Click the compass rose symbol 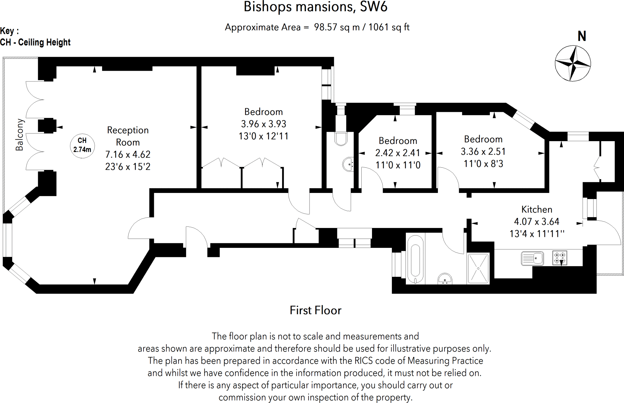click(x=573, y=63)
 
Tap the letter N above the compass click(x=582, y=37)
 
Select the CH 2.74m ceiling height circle click(x=82, y=145)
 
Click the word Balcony click(x=19, y=135)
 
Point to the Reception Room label click(x=128, y=136)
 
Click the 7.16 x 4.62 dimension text click(x=128, y=155)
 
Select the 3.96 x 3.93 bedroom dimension click(x=264, y=124)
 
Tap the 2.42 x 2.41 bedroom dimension click(x=398, y=153)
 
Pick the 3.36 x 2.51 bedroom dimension click(x=483, y=152)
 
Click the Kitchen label click(x=537, y=209)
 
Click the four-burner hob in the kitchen click(x=560, y=258)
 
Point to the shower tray click(x=478, y=269)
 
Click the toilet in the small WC click(x=341, y=138)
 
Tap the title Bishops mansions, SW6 click(x=315, y=7)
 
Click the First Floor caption click(x=315, y=310)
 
